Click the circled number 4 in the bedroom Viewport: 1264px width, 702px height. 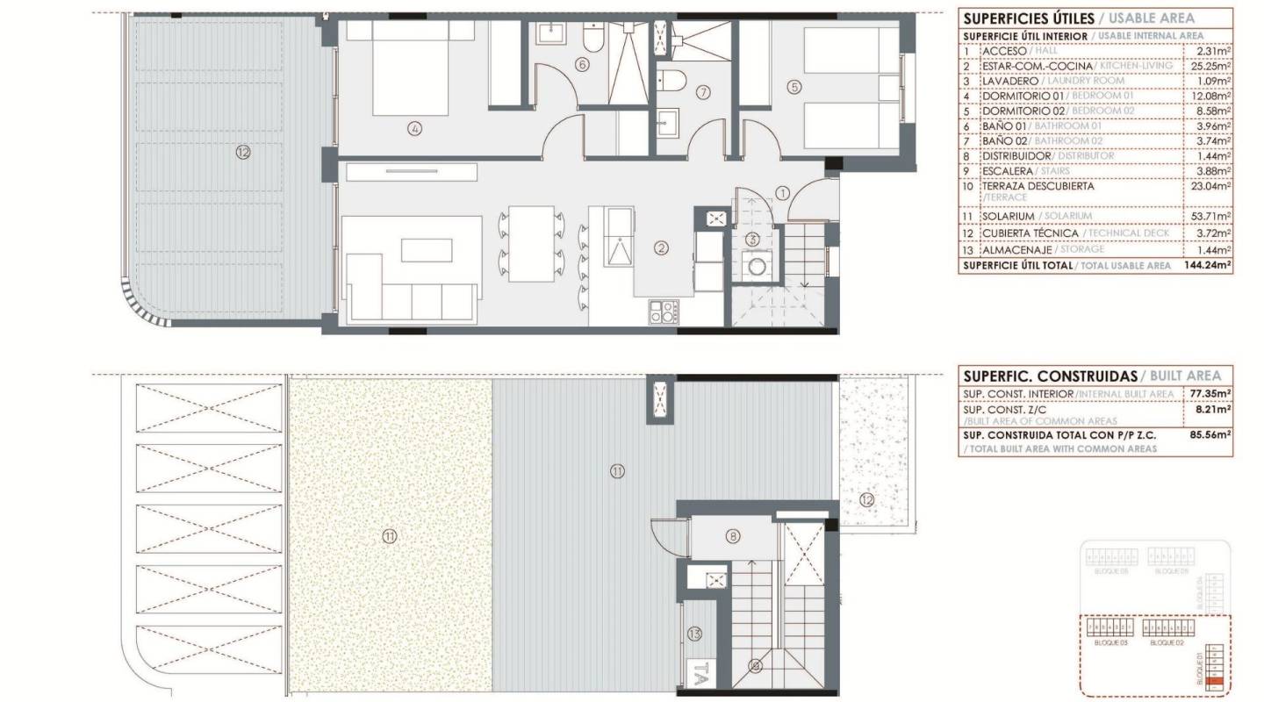415,129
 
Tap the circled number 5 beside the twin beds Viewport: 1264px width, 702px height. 794,87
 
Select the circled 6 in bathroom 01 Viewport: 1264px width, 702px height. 582,64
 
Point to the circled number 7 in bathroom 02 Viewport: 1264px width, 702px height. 702,92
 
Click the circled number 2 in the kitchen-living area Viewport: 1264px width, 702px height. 661,248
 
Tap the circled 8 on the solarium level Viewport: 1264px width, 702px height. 733,536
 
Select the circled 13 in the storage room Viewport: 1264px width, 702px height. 695,633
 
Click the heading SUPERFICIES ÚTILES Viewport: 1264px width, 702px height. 1027,18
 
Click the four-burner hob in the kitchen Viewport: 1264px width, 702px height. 664,312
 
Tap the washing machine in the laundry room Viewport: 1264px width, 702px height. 753,266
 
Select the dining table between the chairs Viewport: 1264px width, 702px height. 531,243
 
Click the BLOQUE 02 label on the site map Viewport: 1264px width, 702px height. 1167,643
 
